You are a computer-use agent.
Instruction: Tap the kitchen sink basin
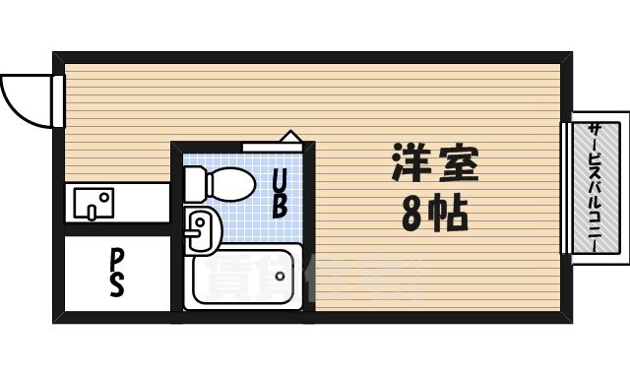[93, 204]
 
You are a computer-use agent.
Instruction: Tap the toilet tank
[194, 182]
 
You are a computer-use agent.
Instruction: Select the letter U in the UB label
[280, 180]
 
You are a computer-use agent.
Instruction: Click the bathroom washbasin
[200, 227]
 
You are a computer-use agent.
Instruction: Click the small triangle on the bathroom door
[292, 137]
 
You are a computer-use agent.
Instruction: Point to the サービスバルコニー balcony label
[598, 186]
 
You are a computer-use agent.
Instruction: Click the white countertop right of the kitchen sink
[136, 204]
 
